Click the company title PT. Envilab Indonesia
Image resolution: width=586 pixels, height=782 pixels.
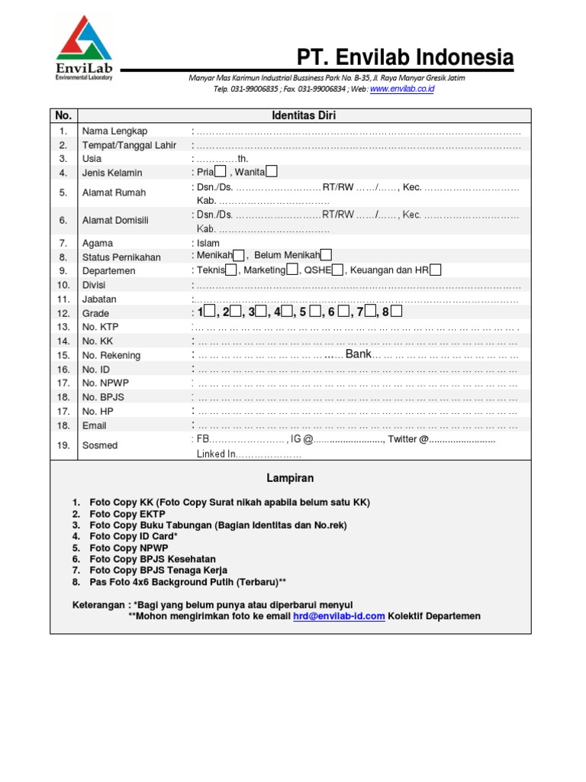pos(405,57)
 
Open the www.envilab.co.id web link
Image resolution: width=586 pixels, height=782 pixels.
pos(402,89)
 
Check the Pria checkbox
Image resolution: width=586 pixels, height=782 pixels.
pos(221,172)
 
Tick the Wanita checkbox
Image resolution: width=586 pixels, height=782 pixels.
pos(272,172)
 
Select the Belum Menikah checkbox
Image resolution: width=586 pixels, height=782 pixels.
pos(327,255)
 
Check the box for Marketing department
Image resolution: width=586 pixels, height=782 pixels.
pos(292,270)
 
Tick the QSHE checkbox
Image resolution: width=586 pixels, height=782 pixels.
pos(338,270)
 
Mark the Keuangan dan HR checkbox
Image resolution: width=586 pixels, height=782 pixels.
pos(435,270)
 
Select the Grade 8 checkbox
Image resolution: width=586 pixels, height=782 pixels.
pos(397,312)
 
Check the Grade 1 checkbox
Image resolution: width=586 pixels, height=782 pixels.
pos(210,312)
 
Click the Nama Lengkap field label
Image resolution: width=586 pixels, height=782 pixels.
pos(115,131)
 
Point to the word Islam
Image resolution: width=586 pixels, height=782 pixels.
pos(208,243)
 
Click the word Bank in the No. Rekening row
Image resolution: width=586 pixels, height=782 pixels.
pos(358,354)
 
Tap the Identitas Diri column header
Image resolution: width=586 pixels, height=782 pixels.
pos(304,116)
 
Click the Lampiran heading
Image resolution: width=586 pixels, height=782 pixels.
pos(290,478)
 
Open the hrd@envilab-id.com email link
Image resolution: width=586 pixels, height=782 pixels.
pos(339,616)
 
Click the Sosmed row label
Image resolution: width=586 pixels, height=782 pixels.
pos(99,445)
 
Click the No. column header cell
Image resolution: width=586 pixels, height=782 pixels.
pos(63,116)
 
